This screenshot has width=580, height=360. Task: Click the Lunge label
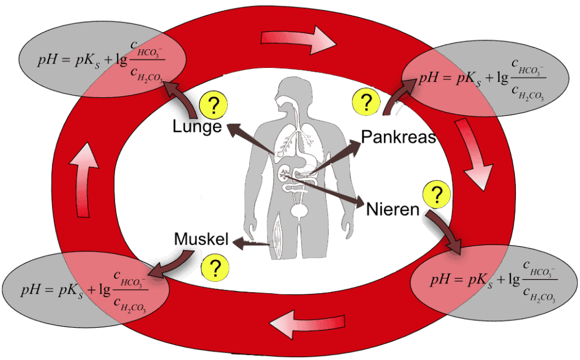pyautogui.click(x=197, y=127)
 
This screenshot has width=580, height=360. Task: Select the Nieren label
pyautogui.click(x=393, y=209)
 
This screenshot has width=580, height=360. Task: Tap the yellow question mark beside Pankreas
pyautogui.click(x=366, y=102)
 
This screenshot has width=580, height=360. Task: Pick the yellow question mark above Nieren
pyautogui.click(x=437, y=195)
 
